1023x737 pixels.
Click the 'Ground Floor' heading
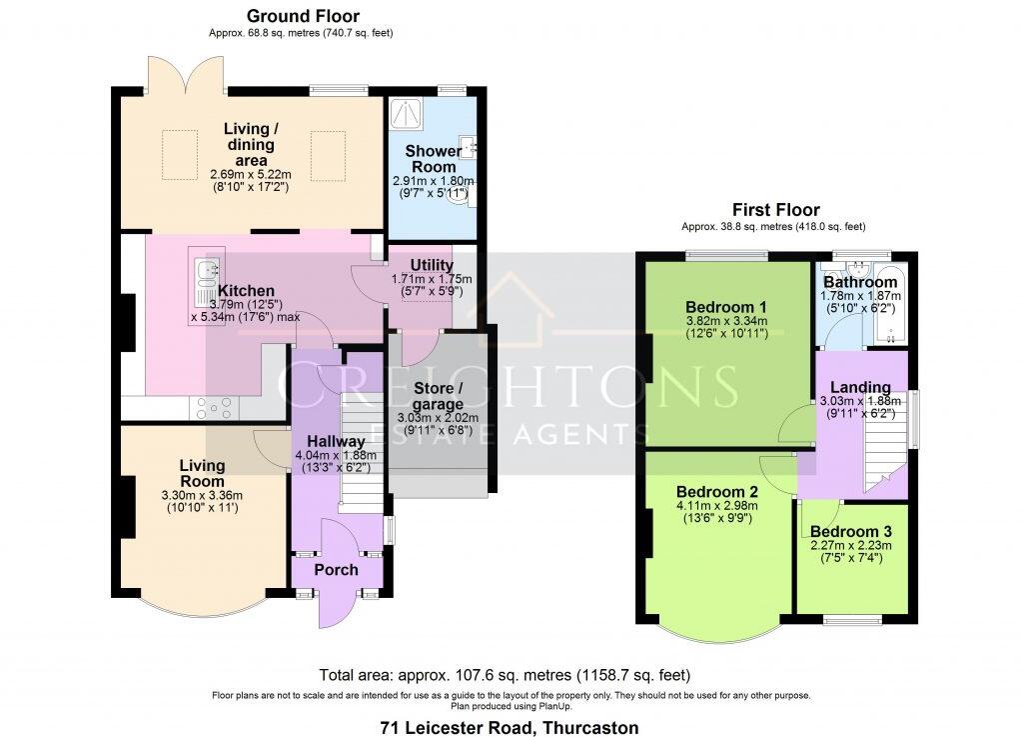302,16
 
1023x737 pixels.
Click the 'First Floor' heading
775,210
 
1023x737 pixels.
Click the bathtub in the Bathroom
890,306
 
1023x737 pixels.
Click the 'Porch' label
337,570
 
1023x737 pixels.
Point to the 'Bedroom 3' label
850,531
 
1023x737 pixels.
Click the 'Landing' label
861,388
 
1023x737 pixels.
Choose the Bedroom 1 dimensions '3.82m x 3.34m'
725,320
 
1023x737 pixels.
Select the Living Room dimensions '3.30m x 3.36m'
202,494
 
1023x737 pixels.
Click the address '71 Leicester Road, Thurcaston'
510,727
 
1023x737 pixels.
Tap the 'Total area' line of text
504,674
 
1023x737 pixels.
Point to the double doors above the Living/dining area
182,75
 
